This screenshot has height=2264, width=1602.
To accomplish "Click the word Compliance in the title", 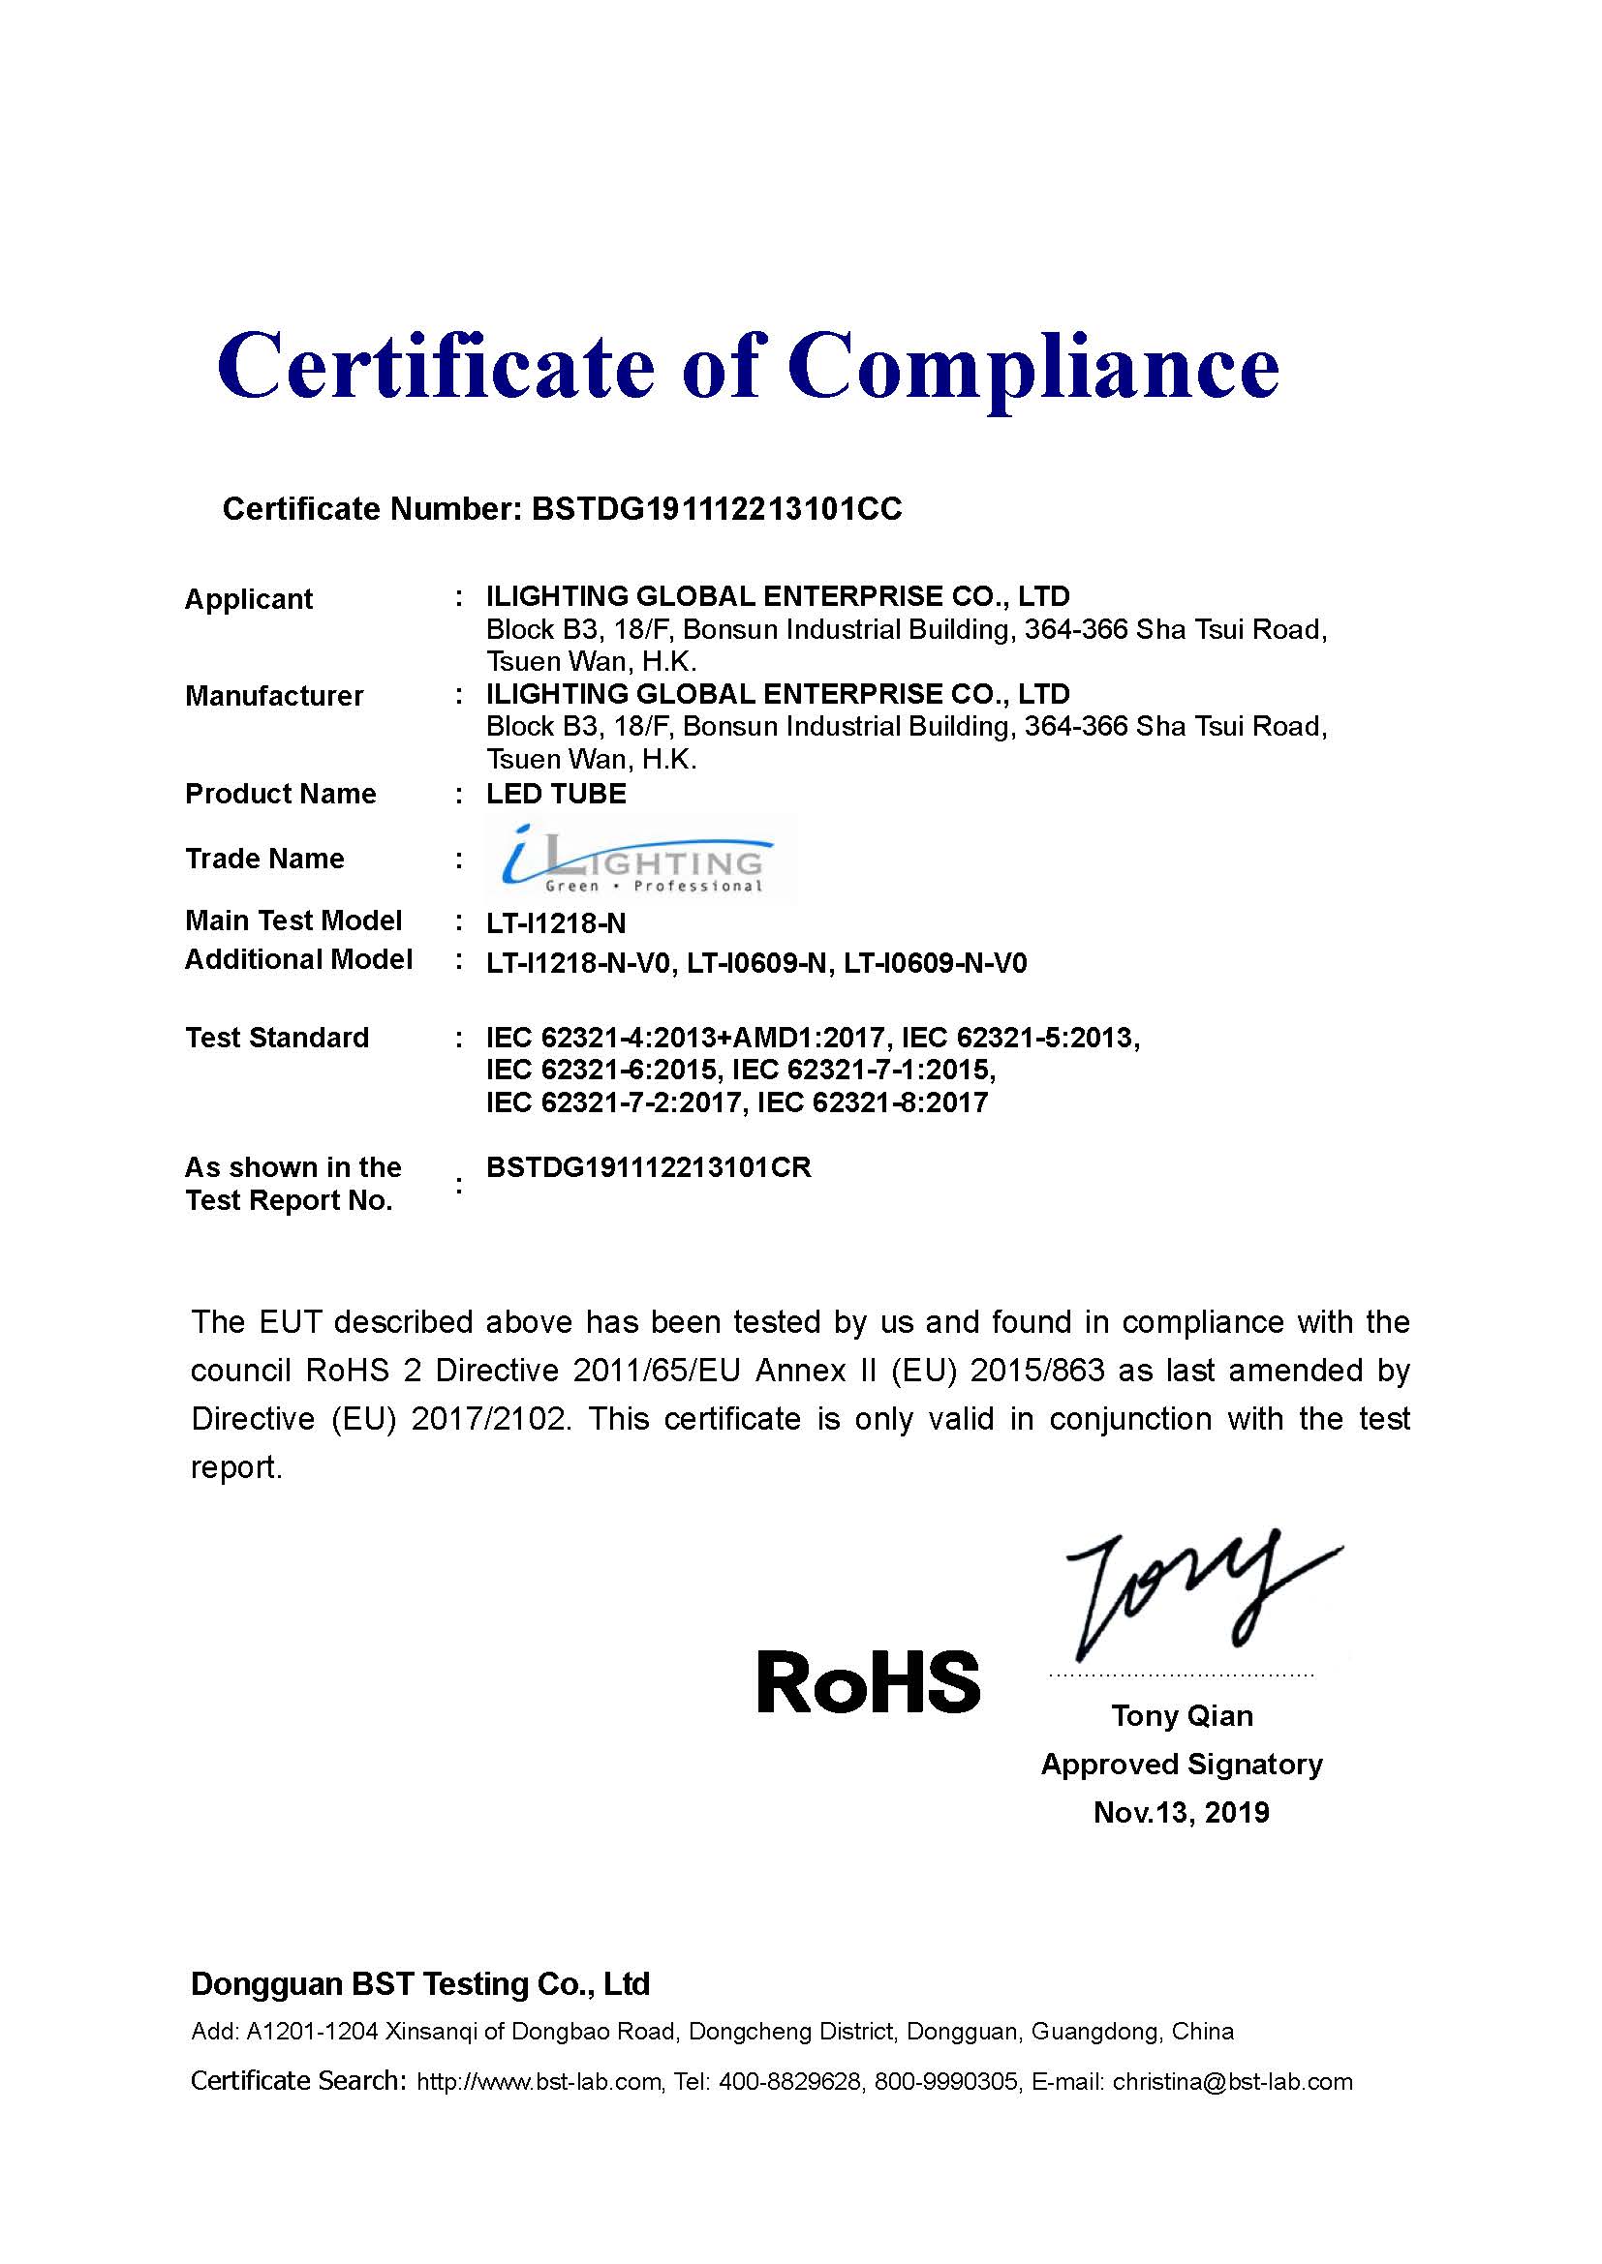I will pyautogui.click(x=1032, y=368).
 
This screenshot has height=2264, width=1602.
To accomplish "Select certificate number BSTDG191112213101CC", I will pyautogui.click(x=716, y=509).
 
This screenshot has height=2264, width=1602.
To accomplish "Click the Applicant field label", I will pyautogui.click(x=249, y=599).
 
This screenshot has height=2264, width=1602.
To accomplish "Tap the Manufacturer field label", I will pyautogui.click(x=274, y=696).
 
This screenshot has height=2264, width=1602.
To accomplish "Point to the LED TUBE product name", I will pyautogui.click(x=556, y=794).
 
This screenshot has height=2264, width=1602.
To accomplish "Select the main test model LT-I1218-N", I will pyautogui.click(x=556, y=924).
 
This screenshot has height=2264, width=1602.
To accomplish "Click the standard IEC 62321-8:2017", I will pyautogui.click(x=873, y=1102).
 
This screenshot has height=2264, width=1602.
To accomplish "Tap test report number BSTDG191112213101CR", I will pyautogui.click(x=649, y=1167).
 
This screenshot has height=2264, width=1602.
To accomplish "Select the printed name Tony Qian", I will pyautogui.click(x=1182, y=1716).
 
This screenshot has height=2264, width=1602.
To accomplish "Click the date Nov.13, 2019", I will pyautogui.click(x=1182, y=1812).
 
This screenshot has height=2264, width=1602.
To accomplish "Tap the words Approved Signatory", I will pyautogui.click(x=1182, y=1765).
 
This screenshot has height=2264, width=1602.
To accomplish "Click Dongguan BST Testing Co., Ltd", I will pyautogui.click(x=420, y=1984).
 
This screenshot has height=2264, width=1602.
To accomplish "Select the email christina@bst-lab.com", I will pyautogui.click(x=1232, y=2082).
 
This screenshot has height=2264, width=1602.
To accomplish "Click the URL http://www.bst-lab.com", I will pyautogui.click(x=539, y=2082).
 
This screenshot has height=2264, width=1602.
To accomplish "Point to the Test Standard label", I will pyautogui.click(x=277, y=1038).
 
